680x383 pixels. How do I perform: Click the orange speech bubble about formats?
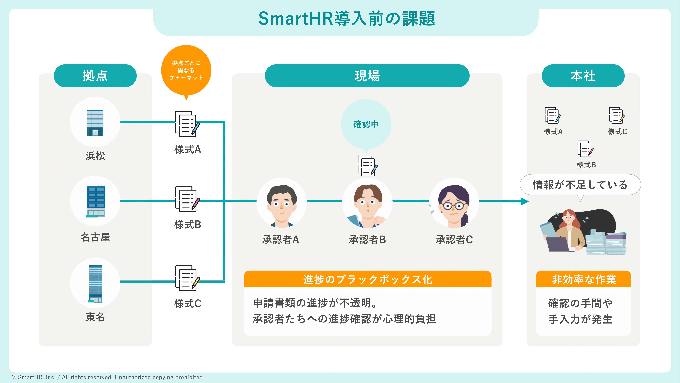[x=186, y=70]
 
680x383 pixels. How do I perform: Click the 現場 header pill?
[x=367, y=76]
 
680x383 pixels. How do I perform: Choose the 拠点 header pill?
[x=95, y=76]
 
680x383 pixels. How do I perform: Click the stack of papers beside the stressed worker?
[x=606, y=244]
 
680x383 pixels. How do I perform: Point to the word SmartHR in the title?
[x=296, y=19]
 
